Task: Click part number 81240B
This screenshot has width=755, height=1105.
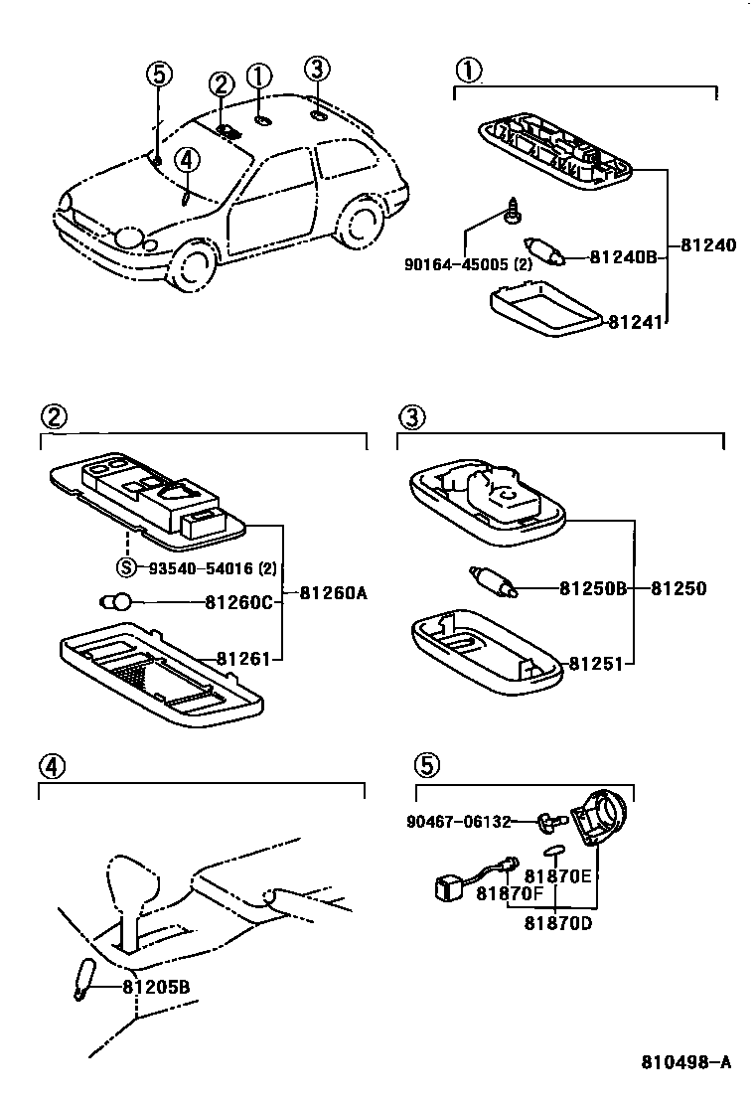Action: [x=623, y=256]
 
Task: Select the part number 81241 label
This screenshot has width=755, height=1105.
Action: [x=636, y=321]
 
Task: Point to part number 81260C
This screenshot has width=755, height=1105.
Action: [x=238, y=601]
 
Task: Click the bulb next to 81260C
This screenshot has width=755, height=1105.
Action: [x=117, y=600]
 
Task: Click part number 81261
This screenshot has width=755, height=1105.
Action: [x=238, y=658]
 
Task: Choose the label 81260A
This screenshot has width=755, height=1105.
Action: [x=333, y=593]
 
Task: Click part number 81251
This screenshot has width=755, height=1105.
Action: [x=596, y=663]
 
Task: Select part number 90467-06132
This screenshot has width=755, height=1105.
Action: [x=459, y=822]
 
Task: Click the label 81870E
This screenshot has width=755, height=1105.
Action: [x=557, y=875]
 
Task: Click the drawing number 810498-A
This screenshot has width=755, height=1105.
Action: [x=684, y=1061]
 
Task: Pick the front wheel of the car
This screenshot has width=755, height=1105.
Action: [x=192, y=263]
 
